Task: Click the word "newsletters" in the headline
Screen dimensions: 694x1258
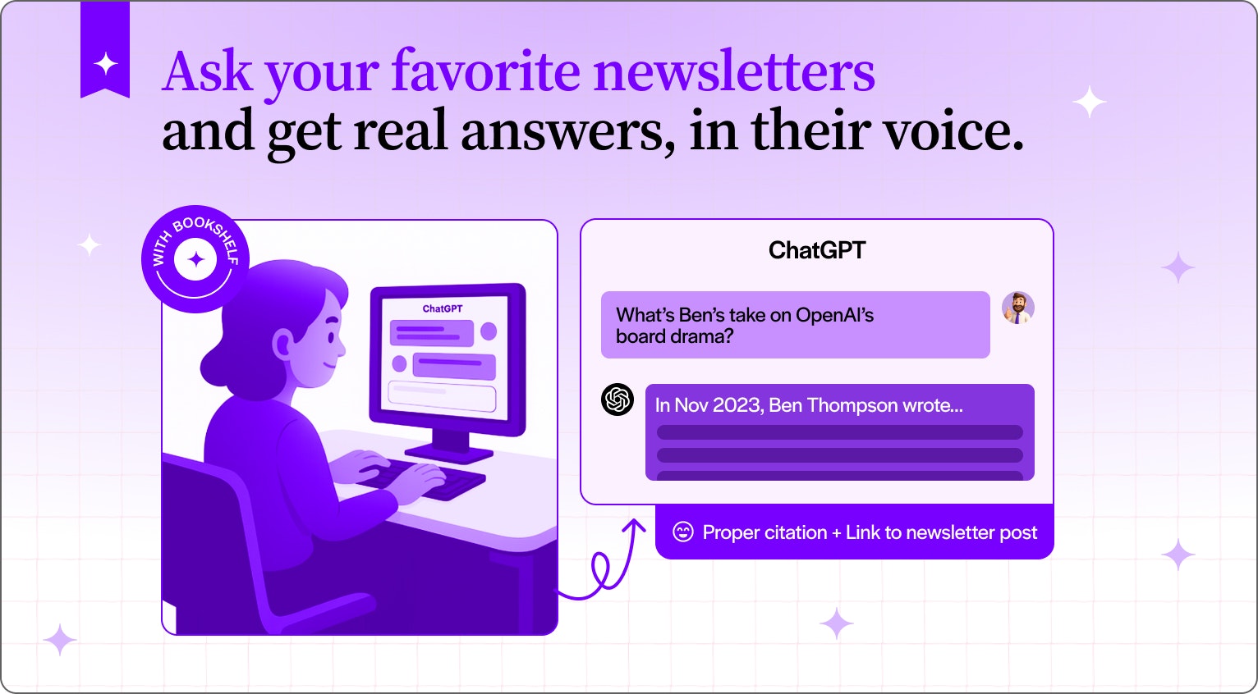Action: [x=734, y=72]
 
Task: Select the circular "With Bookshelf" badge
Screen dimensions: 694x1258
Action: [x=195, y=259]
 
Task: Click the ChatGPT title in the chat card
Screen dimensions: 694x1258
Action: [x=817, y=250]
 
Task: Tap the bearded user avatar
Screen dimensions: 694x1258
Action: [x=1018, y=308]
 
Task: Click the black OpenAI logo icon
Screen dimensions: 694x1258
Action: [x=618, y=400]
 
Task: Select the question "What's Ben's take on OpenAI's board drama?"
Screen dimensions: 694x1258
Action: [x=745, y=325]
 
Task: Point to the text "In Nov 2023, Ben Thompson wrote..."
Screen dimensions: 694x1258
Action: [x=809, y=405]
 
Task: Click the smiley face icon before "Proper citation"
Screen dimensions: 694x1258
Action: [x=682, y=532]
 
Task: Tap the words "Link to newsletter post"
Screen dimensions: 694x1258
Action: [x=942, y=532]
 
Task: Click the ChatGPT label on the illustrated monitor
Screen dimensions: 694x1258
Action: [x=442, y=309]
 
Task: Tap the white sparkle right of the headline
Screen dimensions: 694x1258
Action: [x=1090, y=103]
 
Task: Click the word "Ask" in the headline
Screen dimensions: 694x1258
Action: [x=207, y=72]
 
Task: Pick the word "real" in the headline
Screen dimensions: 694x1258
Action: [x=400, y=131]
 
